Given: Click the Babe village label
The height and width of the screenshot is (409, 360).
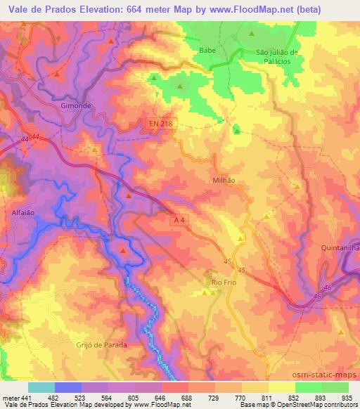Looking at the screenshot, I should [x=207, y=50].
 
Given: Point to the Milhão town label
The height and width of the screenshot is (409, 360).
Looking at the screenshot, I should [x=223, y=180].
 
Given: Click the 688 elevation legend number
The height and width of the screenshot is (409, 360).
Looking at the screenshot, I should [x=186, y=398].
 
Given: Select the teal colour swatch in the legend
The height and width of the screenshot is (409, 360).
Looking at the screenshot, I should [x=41, y=387].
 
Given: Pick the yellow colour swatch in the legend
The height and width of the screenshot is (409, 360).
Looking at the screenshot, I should [x=281, y=387].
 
